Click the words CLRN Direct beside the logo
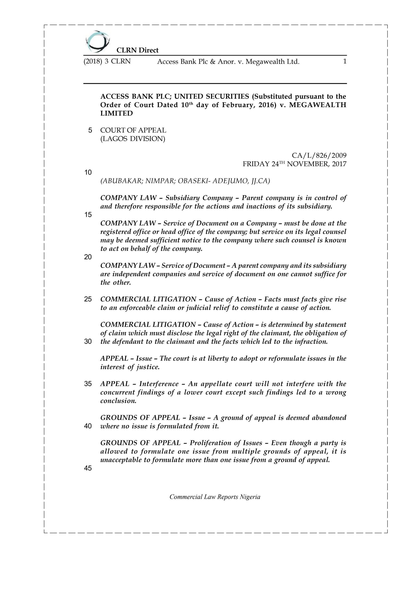click(137, 50)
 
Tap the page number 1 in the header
click(344, 62)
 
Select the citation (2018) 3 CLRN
click(107, 62)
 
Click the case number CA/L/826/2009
click(319, 155)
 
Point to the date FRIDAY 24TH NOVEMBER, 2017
click(294, 164)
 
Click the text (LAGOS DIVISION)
click(133, 139)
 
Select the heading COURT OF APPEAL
click(133, 130)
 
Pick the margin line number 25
click(88, 299)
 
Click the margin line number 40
click(88, 426)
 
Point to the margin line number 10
click(88, 173)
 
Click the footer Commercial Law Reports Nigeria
click(215, 497)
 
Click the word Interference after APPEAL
click(159, 384)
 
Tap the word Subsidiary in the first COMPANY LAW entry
click(182, 198)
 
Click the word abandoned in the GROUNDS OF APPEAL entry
click(329, 418)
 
